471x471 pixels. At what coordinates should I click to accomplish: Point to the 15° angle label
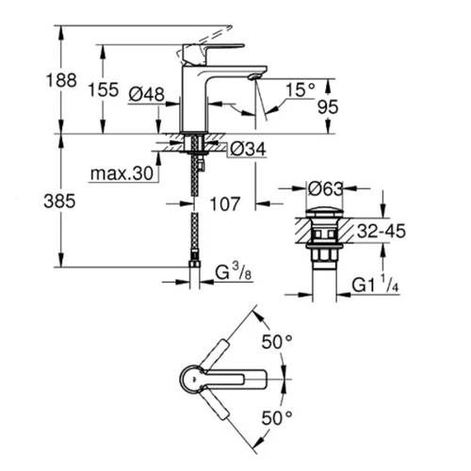tap(300, 90)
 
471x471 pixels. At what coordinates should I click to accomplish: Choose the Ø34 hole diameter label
tap(243, 148)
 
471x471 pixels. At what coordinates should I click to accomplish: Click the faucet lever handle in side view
tap(212, 49)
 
